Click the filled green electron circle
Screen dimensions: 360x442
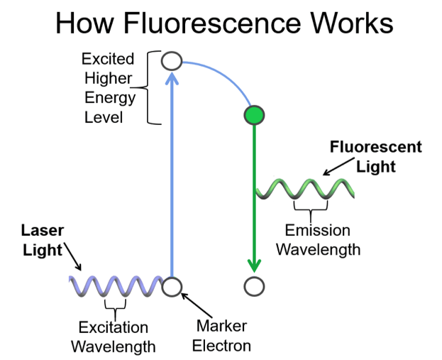[x=254, y=115]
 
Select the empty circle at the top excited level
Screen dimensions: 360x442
[x=172, y=60]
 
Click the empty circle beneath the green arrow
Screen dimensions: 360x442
[x=253, y=287]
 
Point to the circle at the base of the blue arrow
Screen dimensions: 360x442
[x=172, y=287]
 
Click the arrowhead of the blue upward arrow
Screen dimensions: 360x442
[x=171, y=77]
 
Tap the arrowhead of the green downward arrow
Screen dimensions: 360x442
[x=254, y=266]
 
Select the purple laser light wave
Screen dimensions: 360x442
[x=117, y=286]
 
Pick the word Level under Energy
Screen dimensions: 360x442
[x=104, y=116]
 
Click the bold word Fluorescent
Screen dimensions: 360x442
[x=376, y=148]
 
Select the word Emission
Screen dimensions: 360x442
[x=318, y=231]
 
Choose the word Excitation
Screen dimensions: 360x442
[x=114, y=328]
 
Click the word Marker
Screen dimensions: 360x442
[x=223, y=327]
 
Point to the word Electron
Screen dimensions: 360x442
[x=223, y=347]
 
